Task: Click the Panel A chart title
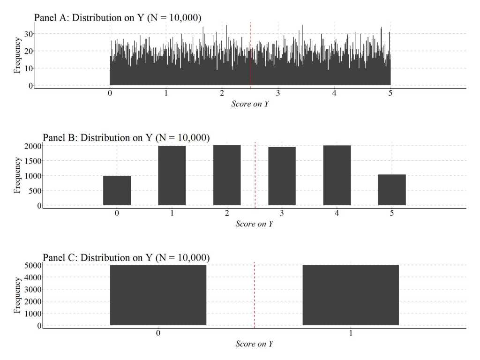coord(118,17)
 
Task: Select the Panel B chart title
coord(126,137)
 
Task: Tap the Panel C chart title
coord(126,257)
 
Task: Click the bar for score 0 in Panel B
coord(117,191)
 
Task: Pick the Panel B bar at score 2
coord(227,175)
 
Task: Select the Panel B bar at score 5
coord(392,190)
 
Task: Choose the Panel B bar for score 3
coord(282,176)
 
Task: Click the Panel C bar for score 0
coord(158,295)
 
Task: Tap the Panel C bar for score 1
coord(351,295)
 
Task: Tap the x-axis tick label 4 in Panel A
coord(334,93)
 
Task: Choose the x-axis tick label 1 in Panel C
coord(351,333)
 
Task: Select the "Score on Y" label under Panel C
coord(254,344)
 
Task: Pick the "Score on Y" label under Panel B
coord(254,224)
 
